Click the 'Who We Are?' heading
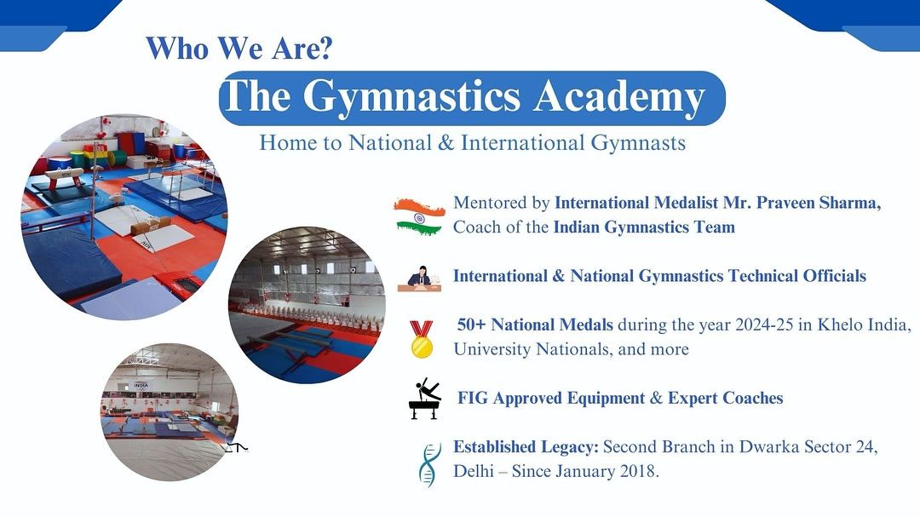click(x=239, y=48)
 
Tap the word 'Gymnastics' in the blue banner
click(x=411, y=96)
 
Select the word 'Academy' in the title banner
click(x=619, y=96)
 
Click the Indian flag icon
click(x=419, y=216)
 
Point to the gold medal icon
click(x=422, y=339)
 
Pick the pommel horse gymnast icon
click(x=425, y=399)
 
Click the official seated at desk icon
click(x=419, y=279)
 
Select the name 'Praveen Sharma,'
click(x=819, y=203)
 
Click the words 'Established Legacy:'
click(x=526, y=447)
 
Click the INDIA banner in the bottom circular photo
click(x=141, y=386)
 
